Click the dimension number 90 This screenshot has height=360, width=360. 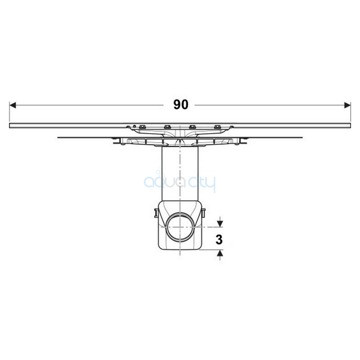click(181, 105)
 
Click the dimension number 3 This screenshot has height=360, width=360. click(219, 240)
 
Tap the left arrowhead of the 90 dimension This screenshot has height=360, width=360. click(13, 105)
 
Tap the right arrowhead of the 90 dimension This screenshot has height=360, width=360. click(347, 105)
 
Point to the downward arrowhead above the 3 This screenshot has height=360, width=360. click(220, 224)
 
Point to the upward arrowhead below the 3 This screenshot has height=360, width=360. click(220, 253)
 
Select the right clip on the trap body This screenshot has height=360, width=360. click(203, 213)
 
